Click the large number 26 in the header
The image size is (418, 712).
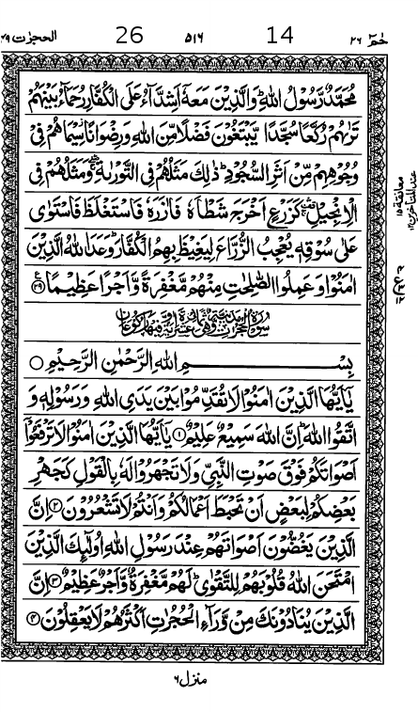click(129, 36)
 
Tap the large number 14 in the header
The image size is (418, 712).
click(280, 36)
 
